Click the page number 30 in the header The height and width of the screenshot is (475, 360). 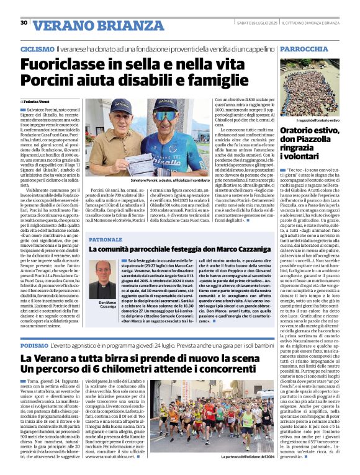point(24,23)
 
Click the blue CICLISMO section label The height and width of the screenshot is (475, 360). point(37,48)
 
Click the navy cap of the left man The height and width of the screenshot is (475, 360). point(122,104)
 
